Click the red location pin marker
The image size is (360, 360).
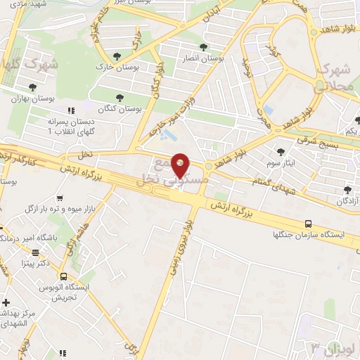pyautogui.click(x=181, y=165)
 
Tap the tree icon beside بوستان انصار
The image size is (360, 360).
pyautogui.click(x=204, y=48)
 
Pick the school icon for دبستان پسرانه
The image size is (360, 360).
pyautogui.click(x=70, y=111)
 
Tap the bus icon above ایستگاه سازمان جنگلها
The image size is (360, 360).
pyautogui.click(x=308, y=224)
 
